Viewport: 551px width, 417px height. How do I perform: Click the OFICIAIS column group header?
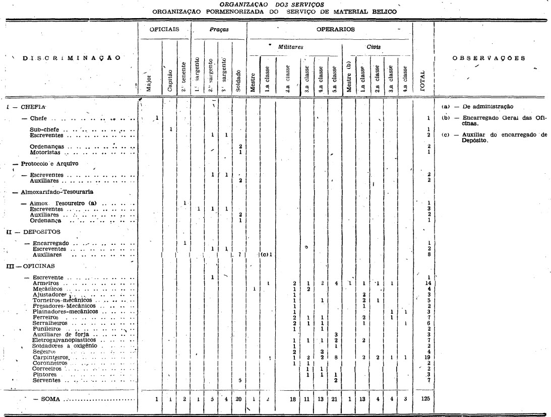click(x=164, y=30)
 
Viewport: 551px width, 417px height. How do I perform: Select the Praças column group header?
click(x=219, y=30)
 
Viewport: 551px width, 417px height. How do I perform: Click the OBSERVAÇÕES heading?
click(x=488, y=57)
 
